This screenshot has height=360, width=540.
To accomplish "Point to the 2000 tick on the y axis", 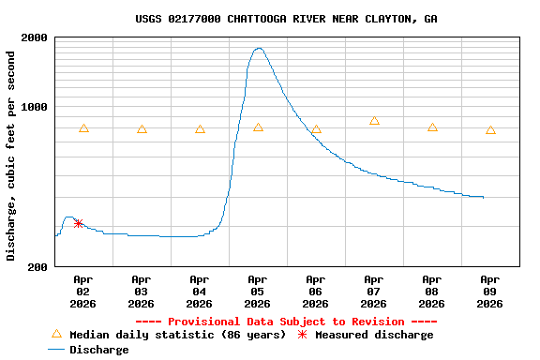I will pos(35,37).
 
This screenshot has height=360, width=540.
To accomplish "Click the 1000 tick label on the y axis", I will pos(35,106).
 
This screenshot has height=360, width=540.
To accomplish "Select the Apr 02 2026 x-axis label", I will pos(82,291).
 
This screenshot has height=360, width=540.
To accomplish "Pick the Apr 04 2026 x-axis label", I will pos(199,291).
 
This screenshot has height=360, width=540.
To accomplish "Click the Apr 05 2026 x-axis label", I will pos(257,291).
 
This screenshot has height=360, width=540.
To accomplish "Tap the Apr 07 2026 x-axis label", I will pos(373,291).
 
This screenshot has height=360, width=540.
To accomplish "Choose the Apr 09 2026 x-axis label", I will pos(489,291).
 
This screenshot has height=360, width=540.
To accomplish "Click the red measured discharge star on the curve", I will pos(78,223).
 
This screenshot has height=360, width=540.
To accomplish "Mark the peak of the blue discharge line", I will pos(258,48).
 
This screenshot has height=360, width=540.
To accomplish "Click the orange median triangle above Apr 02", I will pos(83,128).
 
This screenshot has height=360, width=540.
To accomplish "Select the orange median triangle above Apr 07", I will pos(374,121).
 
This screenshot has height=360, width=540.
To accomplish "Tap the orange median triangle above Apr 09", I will pos(490,130).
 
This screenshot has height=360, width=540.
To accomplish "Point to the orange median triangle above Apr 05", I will pos(258,127).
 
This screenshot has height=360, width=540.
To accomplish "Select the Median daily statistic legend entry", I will pos(169,335).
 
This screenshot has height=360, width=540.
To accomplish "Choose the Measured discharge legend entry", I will pos(366,335).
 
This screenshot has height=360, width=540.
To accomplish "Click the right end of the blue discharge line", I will pos(483,197).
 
